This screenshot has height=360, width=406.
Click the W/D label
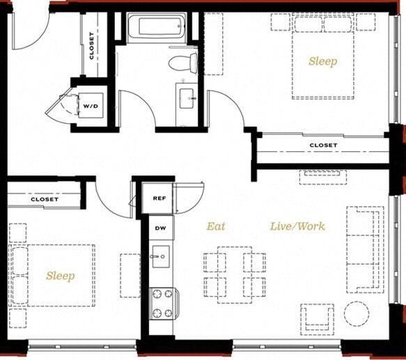tap(91, 106)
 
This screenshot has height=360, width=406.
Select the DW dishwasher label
tap(159, 228)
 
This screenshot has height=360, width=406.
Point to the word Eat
tap(215, 226)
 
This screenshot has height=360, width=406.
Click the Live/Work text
tap(297, 226)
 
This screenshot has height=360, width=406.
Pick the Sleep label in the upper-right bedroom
tap(323, 61)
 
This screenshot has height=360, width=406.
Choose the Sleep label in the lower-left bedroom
tap(60, 276)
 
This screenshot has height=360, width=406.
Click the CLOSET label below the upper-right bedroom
tap(323, 146)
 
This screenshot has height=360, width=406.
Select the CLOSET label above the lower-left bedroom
tap(45, 200)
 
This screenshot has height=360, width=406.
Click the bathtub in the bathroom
tap(157, 29)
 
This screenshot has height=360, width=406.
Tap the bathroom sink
tap(187, 99)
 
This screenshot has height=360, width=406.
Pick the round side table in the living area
tap(357, 315)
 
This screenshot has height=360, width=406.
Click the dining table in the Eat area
tap(234, 272)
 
